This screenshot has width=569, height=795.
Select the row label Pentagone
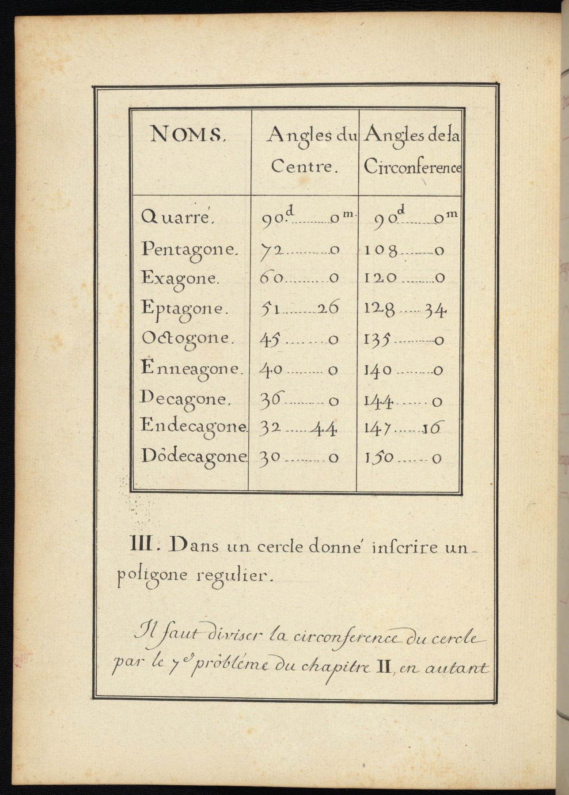tap(190, 250)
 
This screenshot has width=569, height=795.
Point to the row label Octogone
tap(186, 338)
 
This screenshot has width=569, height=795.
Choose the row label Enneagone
tap(192, 369)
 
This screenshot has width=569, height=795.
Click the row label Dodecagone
tap(193, 456)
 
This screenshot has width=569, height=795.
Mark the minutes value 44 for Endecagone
tap(324, 428)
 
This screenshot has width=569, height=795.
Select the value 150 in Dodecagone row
tap(379, 458)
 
